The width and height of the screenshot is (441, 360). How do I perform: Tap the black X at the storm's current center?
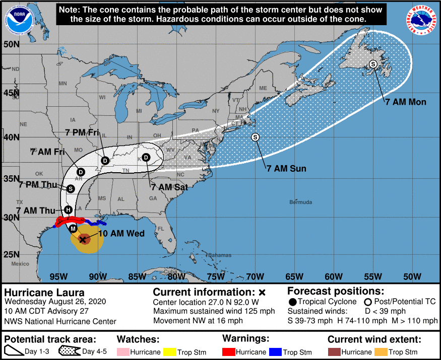83,240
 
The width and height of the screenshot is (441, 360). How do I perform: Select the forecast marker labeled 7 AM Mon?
373,64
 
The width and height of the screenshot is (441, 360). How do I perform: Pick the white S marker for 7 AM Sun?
255,137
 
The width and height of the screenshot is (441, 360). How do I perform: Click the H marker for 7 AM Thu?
68,209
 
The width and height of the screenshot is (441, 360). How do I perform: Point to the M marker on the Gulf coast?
74,229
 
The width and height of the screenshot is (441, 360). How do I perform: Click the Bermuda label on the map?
300,202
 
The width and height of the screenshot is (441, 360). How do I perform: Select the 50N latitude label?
11,44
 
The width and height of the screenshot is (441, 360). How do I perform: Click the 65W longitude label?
294,276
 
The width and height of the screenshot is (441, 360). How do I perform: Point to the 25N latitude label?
11,254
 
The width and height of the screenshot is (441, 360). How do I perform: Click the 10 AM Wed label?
121,234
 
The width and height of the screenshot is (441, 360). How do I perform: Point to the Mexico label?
21,264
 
